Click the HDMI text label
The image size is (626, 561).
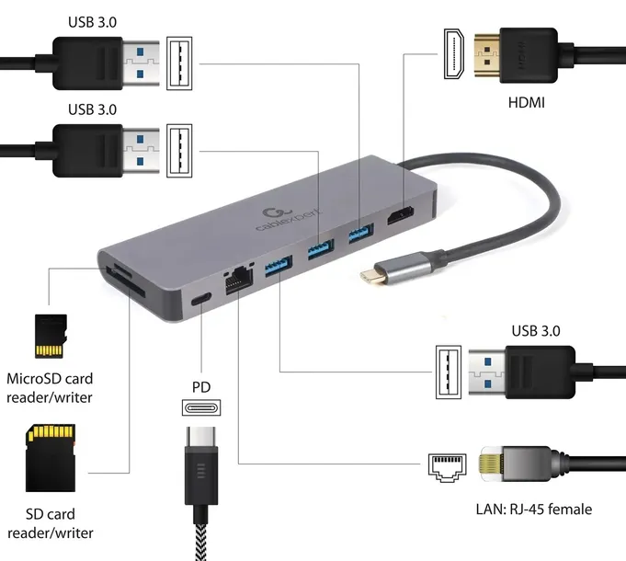click(526, 103)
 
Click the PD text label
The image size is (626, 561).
click(201, 386)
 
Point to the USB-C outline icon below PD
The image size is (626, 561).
click(201, 407)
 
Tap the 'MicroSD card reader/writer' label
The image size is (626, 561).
click(50, 388)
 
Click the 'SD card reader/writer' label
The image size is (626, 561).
click(50, 523)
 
